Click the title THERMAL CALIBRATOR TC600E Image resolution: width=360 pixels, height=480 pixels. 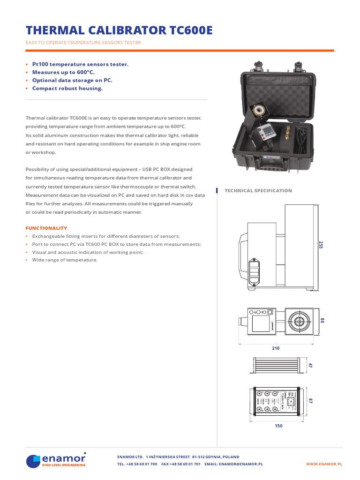119,30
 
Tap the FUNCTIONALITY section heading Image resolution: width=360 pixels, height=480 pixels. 46,228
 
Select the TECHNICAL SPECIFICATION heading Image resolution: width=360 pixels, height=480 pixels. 258,191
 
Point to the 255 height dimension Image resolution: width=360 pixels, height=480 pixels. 321,245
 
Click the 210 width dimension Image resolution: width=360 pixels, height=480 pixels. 276,348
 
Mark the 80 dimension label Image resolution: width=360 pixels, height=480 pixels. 322,321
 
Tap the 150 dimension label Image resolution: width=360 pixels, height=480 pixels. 278,426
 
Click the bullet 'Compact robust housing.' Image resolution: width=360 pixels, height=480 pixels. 67,88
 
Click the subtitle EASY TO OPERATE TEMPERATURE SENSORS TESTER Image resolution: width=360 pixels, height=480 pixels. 83,43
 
